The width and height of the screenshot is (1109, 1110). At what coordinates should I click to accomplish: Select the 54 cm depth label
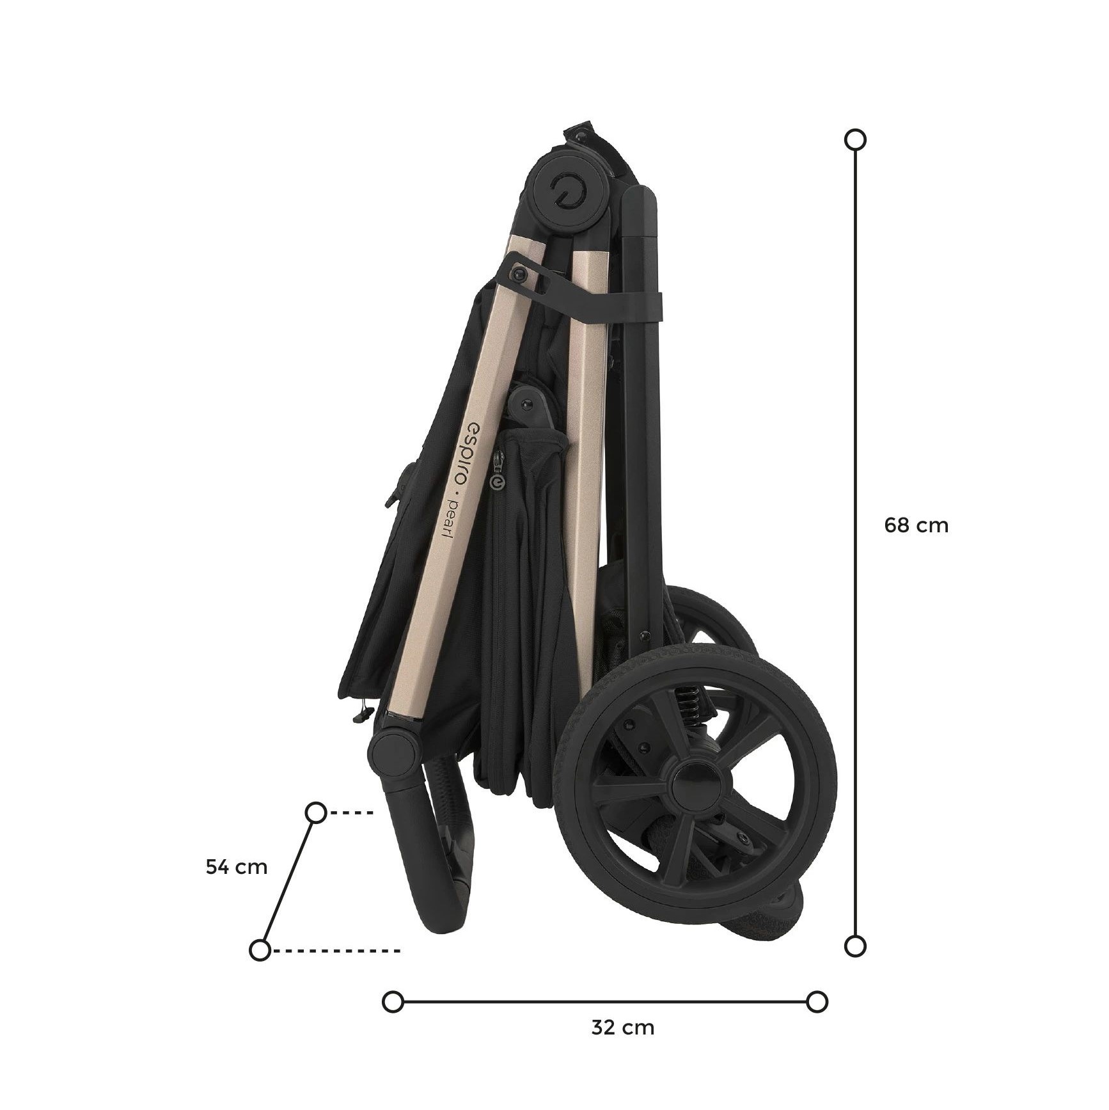pyautogui.click(x=236, y=867)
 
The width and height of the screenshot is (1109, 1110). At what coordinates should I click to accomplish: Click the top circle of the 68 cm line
pyautogui.click(x=855, y=139)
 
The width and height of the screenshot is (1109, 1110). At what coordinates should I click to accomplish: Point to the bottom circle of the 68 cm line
pyautogui.click(x=855, y=946)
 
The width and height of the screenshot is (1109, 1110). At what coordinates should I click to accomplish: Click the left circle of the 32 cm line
pyautogui.click(x=393, y=1020)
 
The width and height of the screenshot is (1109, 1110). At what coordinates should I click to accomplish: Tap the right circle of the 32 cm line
pyautogui.click(x=817, y=1020)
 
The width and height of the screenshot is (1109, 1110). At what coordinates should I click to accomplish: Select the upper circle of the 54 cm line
pyautogui.click(x=317, y=813)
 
